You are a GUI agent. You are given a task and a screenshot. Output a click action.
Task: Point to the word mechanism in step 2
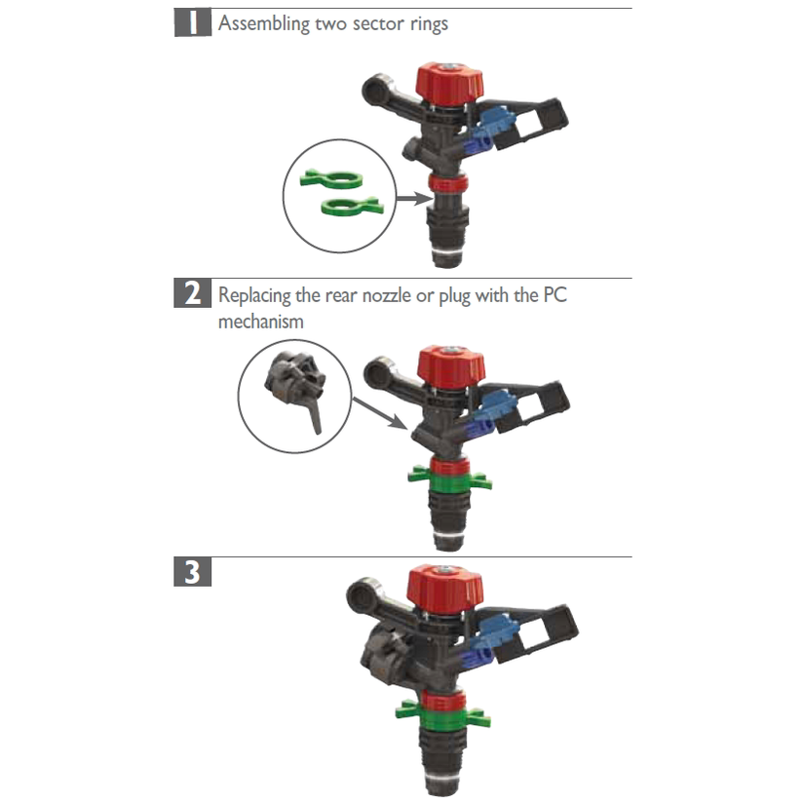[260, 320]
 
